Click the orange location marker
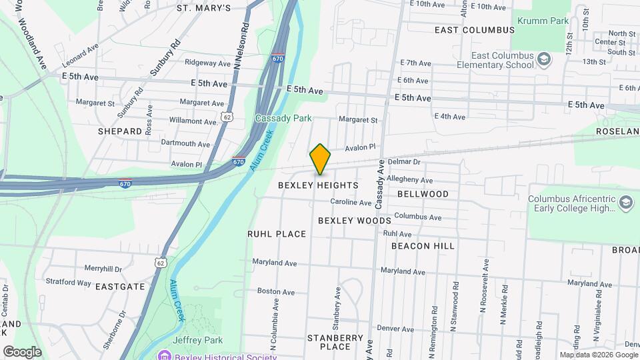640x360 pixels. coord(320,159)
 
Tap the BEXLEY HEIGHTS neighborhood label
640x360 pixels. coord(318,185)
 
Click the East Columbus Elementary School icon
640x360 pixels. coord(545,60)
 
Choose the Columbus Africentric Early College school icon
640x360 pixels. coord(625,203)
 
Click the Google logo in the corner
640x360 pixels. coord(22,351)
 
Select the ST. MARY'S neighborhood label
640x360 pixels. coord(203,8)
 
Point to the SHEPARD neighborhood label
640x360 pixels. coord(120,131)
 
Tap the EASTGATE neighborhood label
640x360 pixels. coord(120,287)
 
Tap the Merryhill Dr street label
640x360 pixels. coord(103,269)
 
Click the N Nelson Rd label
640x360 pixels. coord(241,47)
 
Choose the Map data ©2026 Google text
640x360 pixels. coord(598,355)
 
